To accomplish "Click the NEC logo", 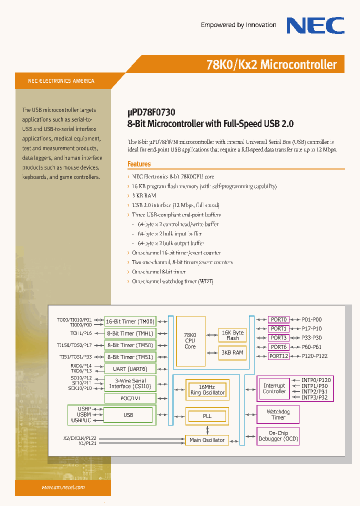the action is pyautogui.click(x=315, y=25).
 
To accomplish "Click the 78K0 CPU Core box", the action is pyautogui.click(x=190, y=340).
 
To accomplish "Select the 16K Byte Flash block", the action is pyautogui.click(x=232, y=335).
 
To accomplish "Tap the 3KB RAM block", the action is pyautogui.click(x=232, y=352).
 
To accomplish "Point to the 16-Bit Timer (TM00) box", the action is pyautogui.click(x=130, y=321).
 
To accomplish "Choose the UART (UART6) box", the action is pyautogui.click(x=130, y=369).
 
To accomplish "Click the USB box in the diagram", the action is pyautogui.click(x=128, y=415).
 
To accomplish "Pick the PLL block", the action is pyautogui.click(x=207, y=416).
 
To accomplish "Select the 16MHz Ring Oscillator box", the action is pyautogui.click(x=207, y=390).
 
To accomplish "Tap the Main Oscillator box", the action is pyautogui.click(x=207, y=440).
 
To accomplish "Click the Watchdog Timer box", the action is pyautogui.click(x=278, y=414).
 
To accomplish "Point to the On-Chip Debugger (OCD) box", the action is pyautogui.click(x=278, y=436).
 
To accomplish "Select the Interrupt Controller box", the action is pyautogui.click(x=274, y=388).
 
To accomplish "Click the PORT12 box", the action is pyautogui.click(x=278, y=356).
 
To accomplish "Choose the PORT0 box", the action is pyautogui.click(x=278, y=319).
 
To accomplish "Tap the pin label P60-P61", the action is pyautogui.click(x=311, y=347).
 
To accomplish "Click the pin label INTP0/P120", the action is pyautogui.click(x=316, y=380).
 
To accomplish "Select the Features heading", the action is pyautogui.click(x=139, y=164).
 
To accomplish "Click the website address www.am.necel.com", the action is pyautogui.click(x=63, y=487).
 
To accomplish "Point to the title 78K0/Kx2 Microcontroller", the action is pyautogui.click(x=271, y=65).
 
